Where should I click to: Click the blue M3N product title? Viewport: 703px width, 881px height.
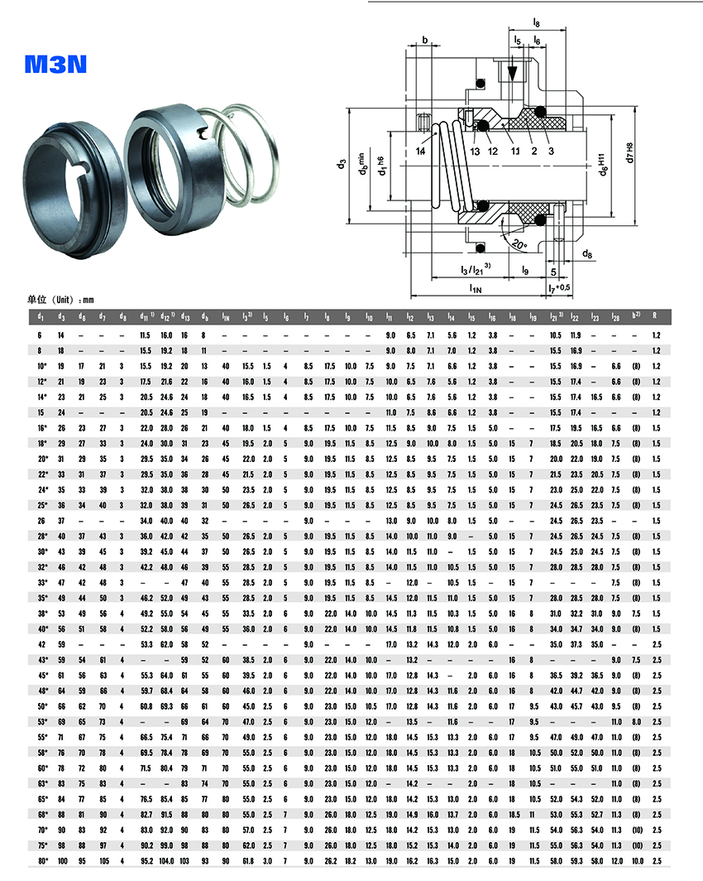[x=56, y=64]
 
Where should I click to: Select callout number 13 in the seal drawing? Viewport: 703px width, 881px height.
[x=476, y=152]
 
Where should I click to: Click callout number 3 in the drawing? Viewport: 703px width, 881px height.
[x=551, y=152]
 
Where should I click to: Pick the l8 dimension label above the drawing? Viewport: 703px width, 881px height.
[x=537, y=24]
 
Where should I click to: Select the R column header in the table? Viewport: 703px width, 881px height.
[x=655, y=316]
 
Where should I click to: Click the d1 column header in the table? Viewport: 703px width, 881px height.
[x=41, y=316]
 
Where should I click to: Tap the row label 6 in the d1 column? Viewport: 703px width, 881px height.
[x=41, y=335]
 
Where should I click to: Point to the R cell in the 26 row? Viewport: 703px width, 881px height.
[x=655, y=520]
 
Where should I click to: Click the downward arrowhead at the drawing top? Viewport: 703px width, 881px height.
[x=513, y=74]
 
